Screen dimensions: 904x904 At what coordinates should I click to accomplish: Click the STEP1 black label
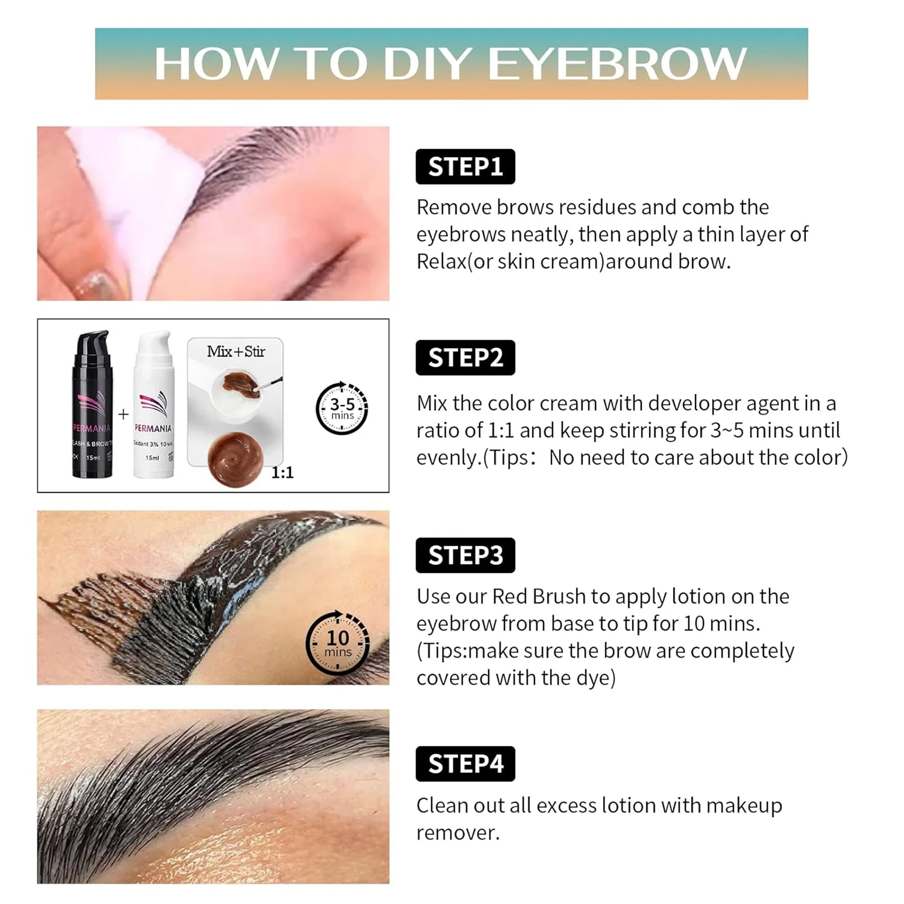[465, 167]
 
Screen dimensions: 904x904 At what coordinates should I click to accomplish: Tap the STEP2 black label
[465, 358]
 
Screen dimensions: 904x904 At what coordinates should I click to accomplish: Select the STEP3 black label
[465, 555]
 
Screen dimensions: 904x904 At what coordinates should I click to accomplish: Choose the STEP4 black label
[465, 764]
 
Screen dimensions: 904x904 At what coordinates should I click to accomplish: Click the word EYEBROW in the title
[617, 64]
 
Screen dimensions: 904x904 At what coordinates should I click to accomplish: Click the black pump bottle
[93, 407]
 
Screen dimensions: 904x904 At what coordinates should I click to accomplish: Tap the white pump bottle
[153, 407]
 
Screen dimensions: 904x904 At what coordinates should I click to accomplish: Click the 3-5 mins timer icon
[342, 408]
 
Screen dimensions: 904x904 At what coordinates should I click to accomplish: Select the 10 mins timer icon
[338, 643]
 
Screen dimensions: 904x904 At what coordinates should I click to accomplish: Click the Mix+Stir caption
[236, 352]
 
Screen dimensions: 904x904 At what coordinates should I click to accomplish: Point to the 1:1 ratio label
[282, 473]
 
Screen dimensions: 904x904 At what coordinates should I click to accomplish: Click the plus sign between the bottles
[123, 414]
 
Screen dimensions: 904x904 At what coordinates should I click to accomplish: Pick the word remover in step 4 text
[458, 833]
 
